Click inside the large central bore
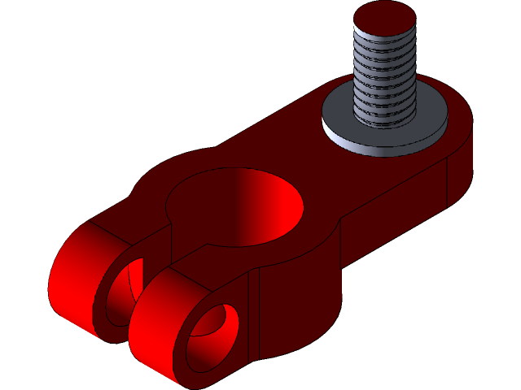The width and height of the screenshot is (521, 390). click(236, 207)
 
